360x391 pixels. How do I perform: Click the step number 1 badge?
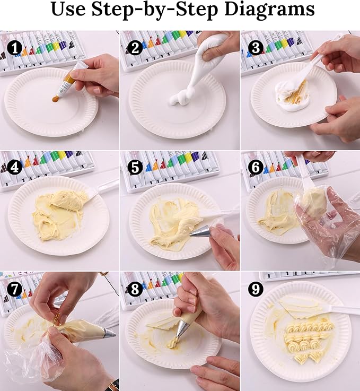coord(14,48)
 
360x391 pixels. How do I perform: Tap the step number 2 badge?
coord(135,48)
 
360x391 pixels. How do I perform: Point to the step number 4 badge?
coord(14,168)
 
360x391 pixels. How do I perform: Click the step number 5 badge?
coord(135,168)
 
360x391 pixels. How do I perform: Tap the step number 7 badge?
coord(14,289)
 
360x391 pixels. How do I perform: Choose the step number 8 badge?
coord(135,289)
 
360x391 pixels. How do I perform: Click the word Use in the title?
coord(71,9)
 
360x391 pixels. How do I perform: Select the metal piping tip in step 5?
coord(203,231)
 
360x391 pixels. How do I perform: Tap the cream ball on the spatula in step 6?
coord(314,203)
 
